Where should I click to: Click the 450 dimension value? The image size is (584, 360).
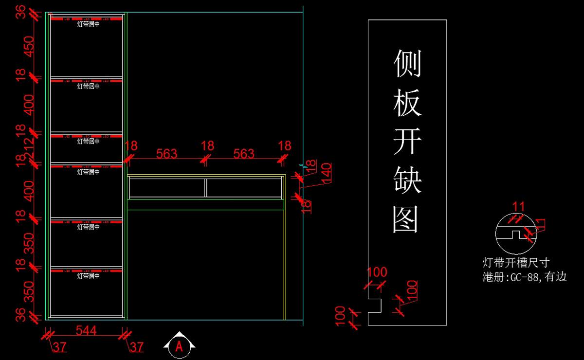click(30, 46)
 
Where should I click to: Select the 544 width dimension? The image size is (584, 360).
click(86, 331)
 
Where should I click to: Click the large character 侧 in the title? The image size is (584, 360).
click(407, 63)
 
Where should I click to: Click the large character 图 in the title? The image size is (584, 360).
click(407, 219)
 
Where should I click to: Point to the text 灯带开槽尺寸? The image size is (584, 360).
click(516, 263)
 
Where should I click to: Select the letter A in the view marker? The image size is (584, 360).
click(180, 346)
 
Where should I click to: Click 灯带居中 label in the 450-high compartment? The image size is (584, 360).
click(88, 24)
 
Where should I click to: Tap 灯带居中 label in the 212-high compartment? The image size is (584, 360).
click(88, 141)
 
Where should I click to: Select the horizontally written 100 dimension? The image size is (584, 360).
click(377, 272)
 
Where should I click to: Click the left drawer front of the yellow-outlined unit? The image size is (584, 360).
click(166, 188)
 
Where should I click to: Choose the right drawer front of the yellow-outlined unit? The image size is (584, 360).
click(244, 188)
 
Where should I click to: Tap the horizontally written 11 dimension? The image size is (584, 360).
click(519, 207)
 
